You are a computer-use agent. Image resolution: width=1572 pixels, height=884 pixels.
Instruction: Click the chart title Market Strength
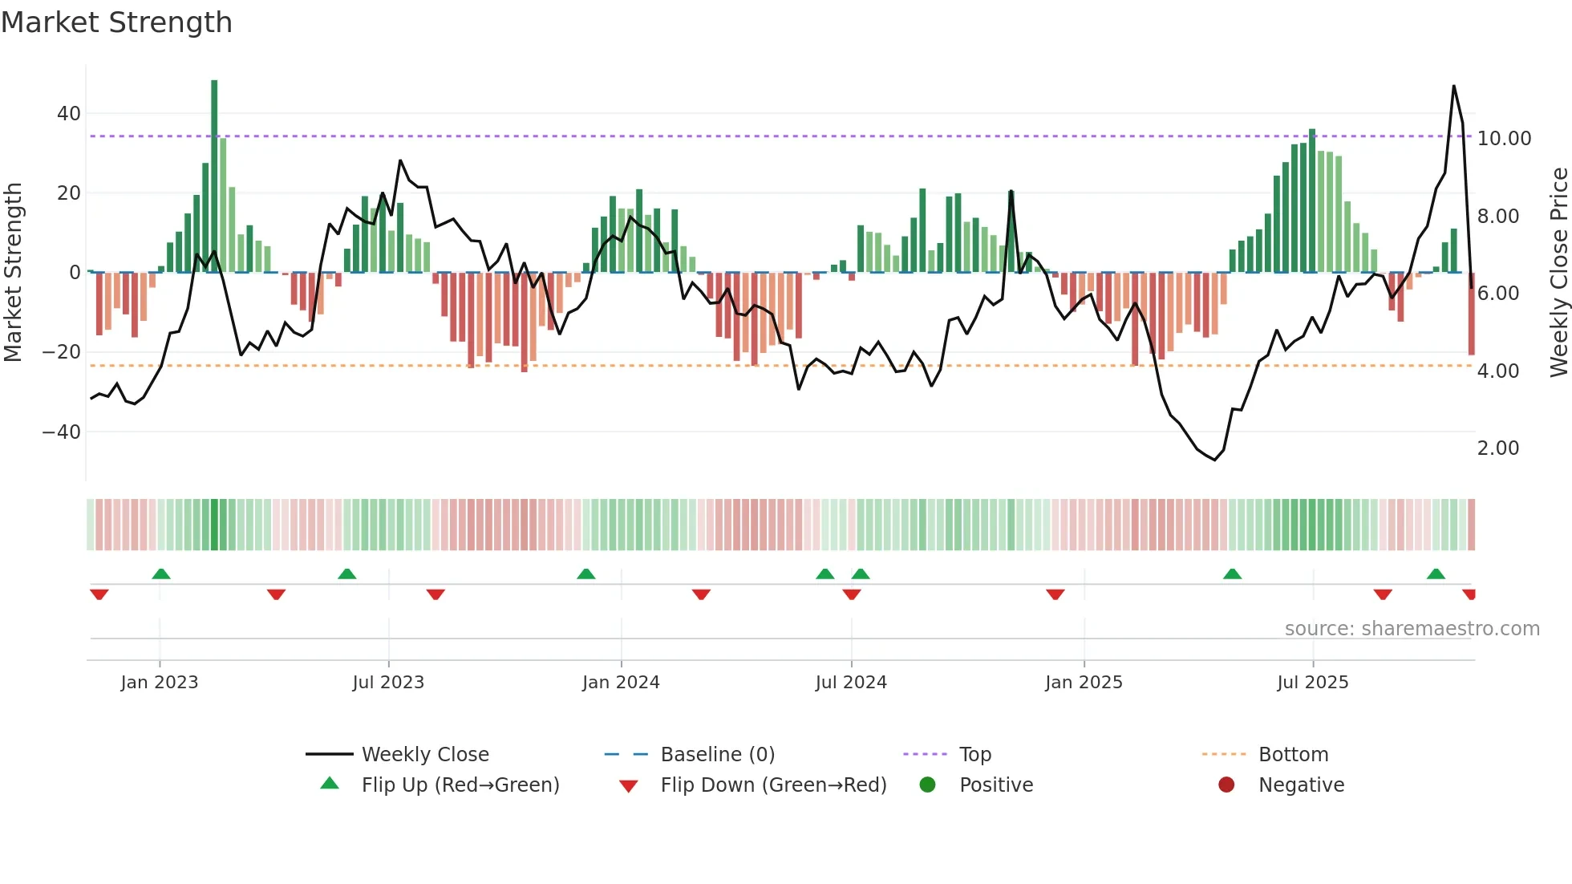coord(116,22)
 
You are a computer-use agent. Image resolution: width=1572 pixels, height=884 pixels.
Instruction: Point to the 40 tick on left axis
coord(69,114)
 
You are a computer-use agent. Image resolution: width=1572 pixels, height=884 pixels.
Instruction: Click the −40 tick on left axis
coord(63,432)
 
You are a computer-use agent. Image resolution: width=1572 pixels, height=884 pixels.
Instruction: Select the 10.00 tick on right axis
coord(1504,139)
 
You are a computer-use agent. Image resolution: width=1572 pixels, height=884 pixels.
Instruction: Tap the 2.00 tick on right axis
coord(1497,448)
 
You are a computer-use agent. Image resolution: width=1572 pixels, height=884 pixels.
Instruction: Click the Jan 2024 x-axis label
coord(621,683)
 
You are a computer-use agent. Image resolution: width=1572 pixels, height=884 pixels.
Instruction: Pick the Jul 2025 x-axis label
coord(1312,683)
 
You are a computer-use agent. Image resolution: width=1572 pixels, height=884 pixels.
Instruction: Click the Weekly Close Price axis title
coord(1558,273)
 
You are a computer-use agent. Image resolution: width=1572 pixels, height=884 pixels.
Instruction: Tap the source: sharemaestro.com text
coord(1412,629)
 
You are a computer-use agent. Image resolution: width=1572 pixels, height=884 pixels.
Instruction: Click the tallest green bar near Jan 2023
coord(214,176)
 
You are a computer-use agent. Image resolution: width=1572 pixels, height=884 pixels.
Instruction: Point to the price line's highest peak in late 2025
coord(1453,87)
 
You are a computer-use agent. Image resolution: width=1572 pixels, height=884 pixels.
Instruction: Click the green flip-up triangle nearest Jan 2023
coord(161,574)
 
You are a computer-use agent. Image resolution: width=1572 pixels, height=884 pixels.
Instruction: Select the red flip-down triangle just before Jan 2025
coord(1055,594)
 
